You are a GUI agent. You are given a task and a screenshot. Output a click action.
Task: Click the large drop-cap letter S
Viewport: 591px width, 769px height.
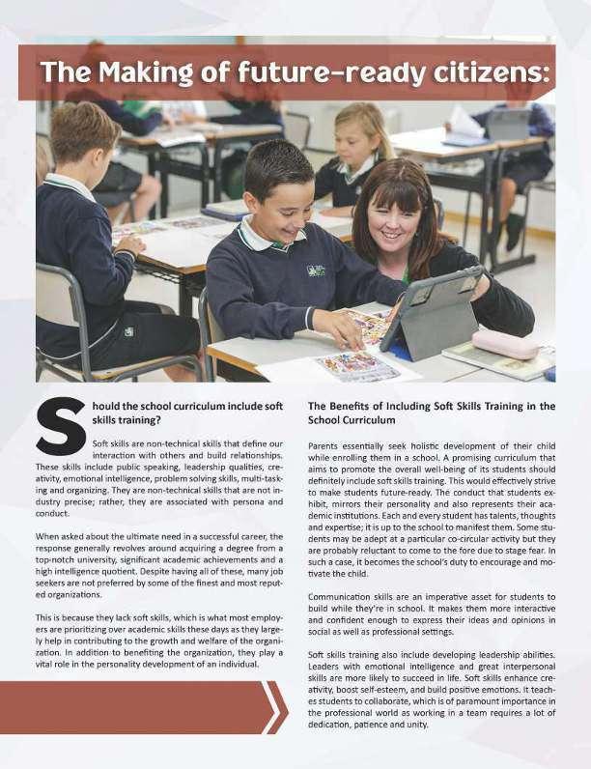(x=60, y=424)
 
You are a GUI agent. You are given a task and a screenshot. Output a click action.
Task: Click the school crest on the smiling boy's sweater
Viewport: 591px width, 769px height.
(x=315, y=271)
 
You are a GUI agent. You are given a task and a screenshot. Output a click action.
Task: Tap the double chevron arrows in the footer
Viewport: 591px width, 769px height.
(x=275, y=707)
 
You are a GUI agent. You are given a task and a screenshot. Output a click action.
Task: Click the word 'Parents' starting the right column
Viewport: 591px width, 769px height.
(x=327, y=445)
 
